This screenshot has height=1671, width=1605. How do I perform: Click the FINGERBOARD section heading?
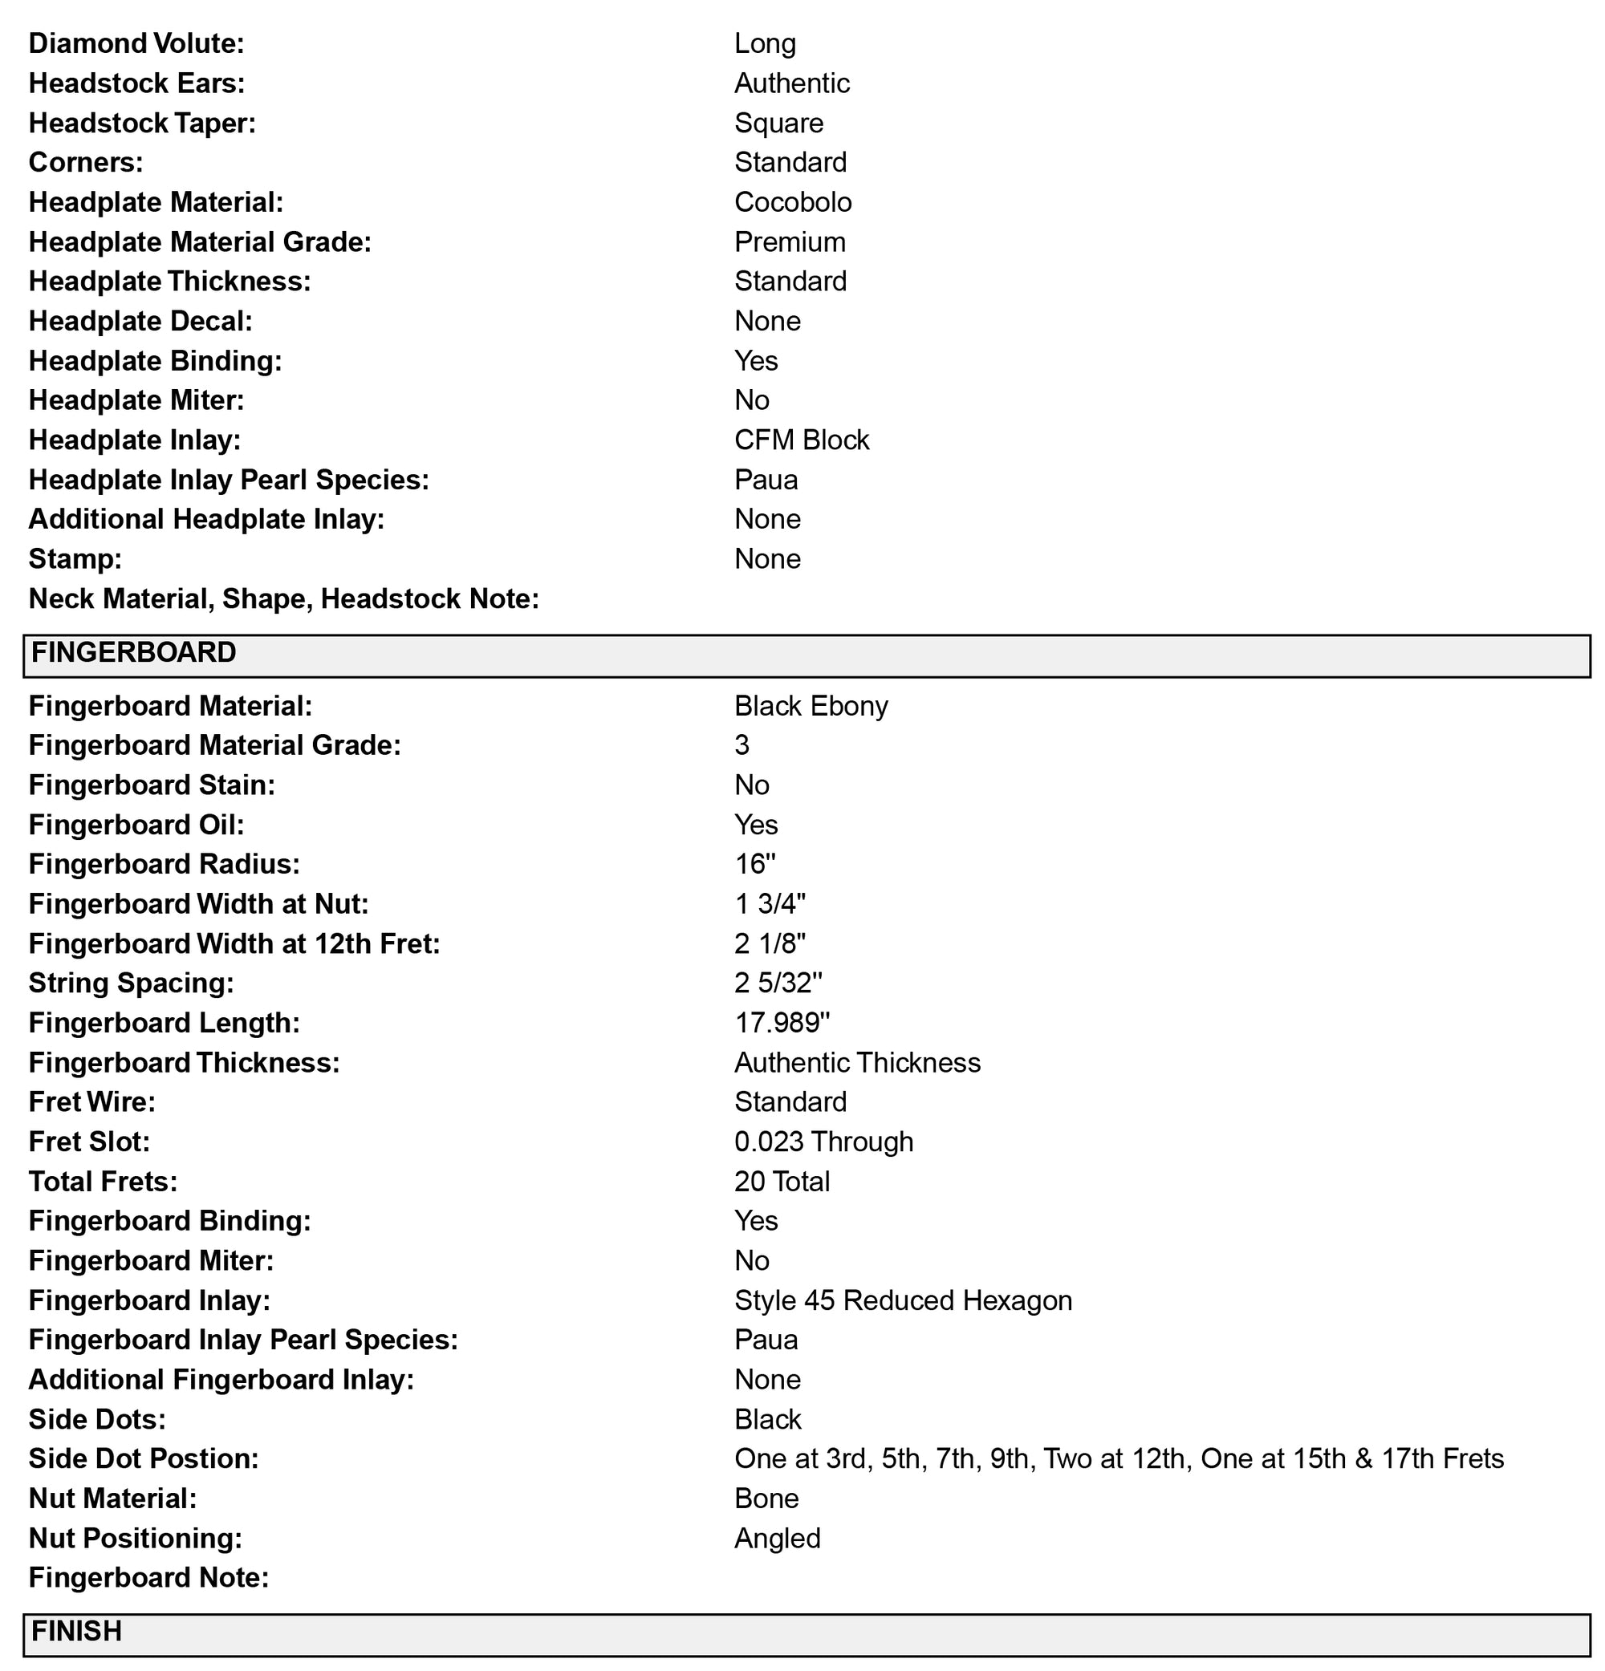click(134, 653)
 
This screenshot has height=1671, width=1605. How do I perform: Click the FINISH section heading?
click(77, 1631)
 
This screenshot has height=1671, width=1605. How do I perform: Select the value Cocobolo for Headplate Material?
click(792, 202)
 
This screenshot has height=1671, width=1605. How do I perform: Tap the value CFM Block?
click(801, 440)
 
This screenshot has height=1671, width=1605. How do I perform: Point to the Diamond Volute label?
click(136, 43)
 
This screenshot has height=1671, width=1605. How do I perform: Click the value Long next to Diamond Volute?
click(765, 43)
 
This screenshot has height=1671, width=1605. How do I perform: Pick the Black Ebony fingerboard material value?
click(811, 706)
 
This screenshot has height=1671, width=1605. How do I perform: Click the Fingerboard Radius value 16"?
click(754, 865)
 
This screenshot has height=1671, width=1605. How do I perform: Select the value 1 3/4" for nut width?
click(770, 904)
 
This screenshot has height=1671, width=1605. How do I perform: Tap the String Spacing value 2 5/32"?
click(778, 983)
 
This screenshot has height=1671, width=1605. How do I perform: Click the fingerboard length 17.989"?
click(781, 1023)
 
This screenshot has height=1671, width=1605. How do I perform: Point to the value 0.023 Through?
click(823, 1142)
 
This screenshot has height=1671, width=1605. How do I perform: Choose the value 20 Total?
click(781, 1182)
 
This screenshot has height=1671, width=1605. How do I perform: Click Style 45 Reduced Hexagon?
click(902, 1300)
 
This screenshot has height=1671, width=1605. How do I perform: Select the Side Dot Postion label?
click(144, 1458)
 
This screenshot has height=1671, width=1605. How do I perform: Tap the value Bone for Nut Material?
click(766, 1499)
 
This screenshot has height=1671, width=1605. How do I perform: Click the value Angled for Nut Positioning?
click(777, 1538)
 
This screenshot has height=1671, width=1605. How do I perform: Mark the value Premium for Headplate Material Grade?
click(790, 242)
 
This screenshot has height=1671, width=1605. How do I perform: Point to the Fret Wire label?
click(92, 1102)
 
